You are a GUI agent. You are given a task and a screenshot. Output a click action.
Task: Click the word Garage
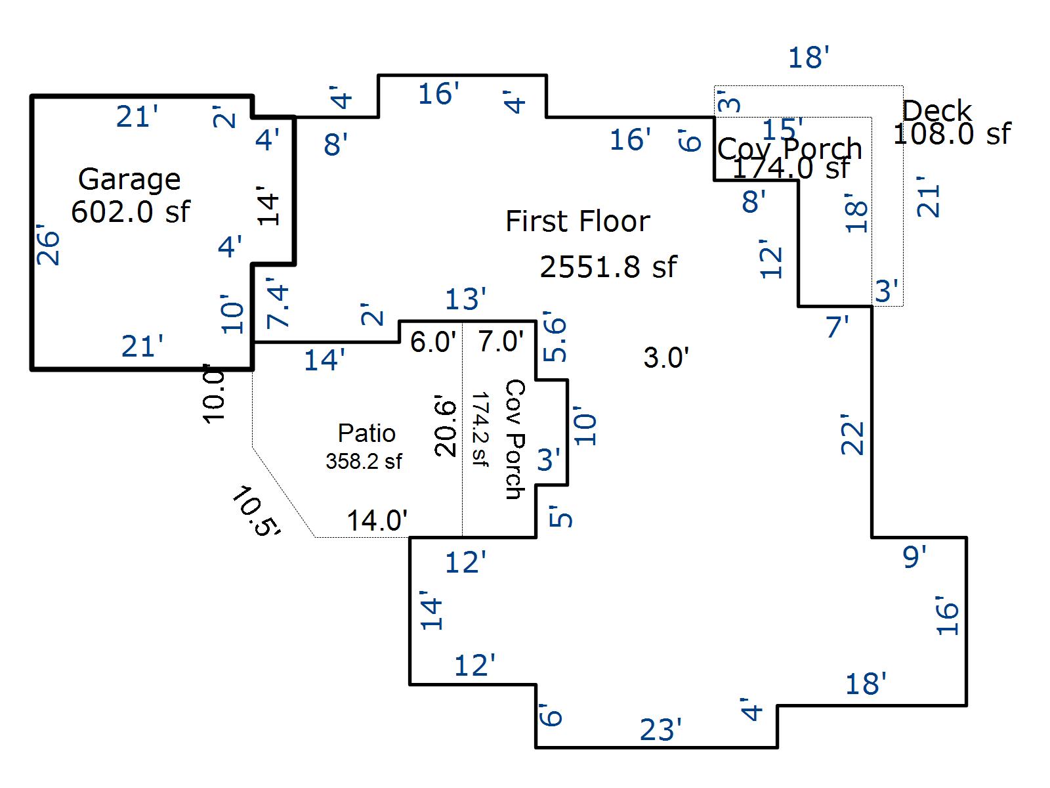(129, 179)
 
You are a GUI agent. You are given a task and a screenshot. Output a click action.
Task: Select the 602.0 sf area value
(130, 211)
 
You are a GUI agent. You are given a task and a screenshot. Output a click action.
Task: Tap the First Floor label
(577, 221)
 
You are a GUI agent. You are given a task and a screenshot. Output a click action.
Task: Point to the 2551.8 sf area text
(608, 267)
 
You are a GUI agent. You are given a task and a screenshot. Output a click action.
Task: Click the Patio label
(366, 433)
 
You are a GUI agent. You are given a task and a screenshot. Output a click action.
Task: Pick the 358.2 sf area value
(364, 461)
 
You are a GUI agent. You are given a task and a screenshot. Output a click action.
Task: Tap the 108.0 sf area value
(952, 134)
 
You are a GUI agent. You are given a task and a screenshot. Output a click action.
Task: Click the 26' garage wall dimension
(49, 248)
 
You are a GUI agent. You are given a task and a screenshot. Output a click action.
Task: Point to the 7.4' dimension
(278, 305)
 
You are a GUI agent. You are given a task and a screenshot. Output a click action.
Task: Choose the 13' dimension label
(465, 300)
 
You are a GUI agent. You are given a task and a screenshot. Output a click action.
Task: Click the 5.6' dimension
(555, 339)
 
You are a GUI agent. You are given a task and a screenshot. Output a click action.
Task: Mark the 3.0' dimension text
(666, 359)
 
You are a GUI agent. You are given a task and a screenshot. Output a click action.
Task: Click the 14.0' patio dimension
(377, 521)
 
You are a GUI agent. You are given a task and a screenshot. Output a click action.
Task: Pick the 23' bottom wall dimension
(660, 730)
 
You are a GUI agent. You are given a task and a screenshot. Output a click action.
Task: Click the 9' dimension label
(914, 557)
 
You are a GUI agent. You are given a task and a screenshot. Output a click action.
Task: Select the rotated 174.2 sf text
(480, 429)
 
